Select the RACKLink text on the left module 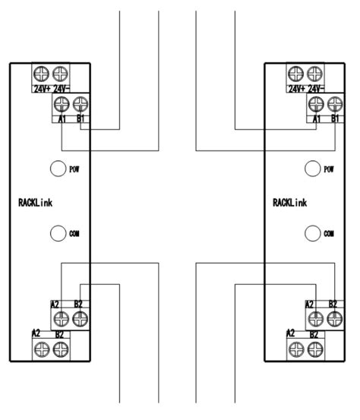[x=36, y=203]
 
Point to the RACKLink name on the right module [x=290, y=203]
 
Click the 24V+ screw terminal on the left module [x=41, y=74]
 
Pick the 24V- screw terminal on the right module [x=314, y=74]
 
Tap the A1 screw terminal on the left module [x=62, y=104]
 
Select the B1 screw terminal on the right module [x=335, y=104]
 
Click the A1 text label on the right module [x=317, y=118]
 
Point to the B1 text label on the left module [x=81, y=118]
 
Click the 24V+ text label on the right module [x=296, y=89]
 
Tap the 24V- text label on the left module [x=62, y=89]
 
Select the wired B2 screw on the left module [x=80, y=319]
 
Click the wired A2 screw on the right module [x=316, y=319]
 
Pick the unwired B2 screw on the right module [x=315, y=350]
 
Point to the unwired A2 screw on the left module [x=42, y=350]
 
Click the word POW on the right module [x=329, y=169]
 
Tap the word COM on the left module [x=74, y=234]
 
